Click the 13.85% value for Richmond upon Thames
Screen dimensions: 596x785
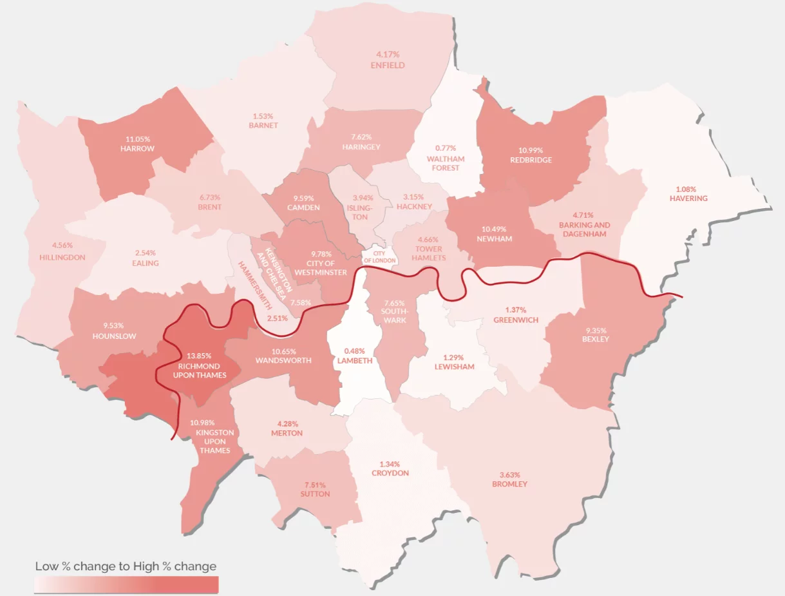(199, 356)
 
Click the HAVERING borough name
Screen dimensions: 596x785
(688, 198)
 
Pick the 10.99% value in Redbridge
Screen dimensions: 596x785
(531, 150)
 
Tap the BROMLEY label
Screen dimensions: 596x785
(509, 484)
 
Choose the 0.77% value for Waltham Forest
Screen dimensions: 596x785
(445, 148)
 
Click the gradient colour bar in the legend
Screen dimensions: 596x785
(126, 584)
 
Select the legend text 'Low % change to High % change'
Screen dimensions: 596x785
(126, 566)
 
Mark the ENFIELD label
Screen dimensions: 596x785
(388, 65)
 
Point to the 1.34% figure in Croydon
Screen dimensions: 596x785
(390, 464)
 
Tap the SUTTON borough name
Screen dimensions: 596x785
(315, 494)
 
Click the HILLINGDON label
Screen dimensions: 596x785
(62, 257)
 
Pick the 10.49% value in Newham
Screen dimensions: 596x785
(495, 229)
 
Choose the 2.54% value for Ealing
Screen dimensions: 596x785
(145, 253)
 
